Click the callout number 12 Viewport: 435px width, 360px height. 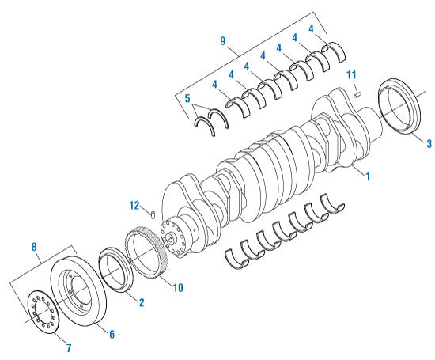(135, 206)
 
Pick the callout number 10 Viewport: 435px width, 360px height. (178, 287)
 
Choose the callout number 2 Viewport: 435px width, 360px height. (141, 303)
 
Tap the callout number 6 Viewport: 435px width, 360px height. (112, 335)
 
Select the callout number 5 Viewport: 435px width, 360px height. (187, 100)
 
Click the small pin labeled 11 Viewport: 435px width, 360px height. (357, 94)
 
